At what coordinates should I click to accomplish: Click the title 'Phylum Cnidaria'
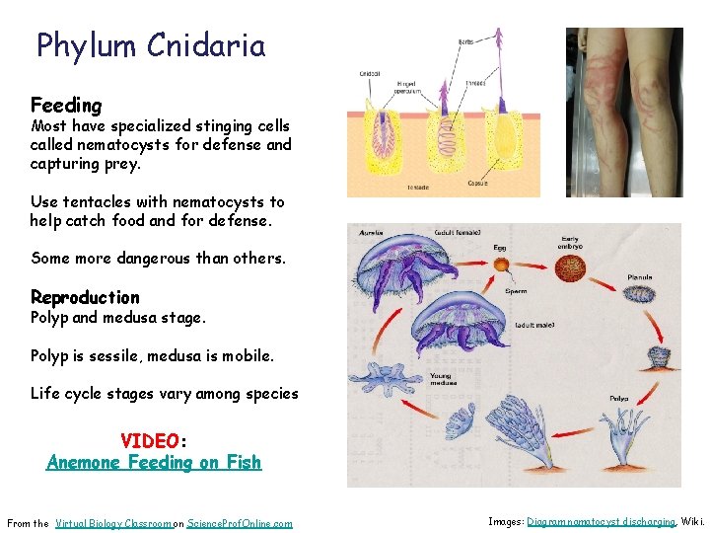[151, 46]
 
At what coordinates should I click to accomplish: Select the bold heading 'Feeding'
[66, 105]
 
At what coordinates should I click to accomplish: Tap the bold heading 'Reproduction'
[85, 297]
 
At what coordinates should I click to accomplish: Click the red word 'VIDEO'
[150, 440]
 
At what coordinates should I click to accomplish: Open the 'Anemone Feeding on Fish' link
[154, 462]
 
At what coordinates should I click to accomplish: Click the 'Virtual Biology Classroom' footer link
[113, 523]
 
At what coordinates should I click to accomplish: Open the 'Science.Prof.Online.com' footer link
[240, 523]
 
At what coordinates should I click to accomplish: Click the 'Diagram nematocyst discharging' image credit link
[601, 521]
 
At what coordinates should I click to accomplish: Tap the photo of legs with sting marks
[623, 113]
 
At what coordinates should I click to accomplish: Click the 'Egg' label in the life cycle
[500, 248]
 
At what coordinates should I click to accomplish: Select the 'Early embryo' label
[569, 241]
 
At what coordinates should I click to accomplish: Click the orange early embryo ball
[569, 269]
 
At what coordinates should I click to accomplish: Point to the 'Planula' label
[639, 277]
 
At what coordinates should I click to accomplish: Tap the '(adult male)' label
[535, 324]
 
